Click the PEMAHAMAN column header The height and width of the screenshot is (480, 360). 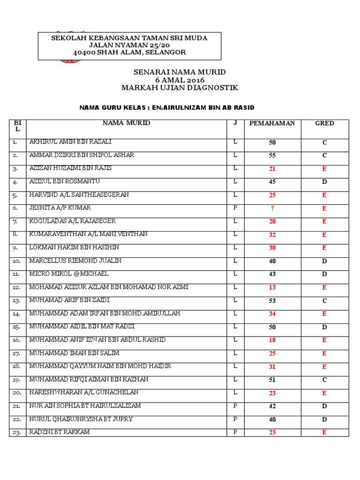tap(272, 123)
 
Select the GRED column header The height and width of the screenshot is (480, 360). tap(324, 123)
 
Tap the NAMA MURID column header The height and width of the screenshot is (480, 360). tap(127, 123)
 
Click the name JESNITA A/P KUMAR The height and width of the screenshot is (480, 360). tap(60, 208)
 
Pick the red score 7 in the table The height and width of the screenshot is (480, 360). tap(272, 209)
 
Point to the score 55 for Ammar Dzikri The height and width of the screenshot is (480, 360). tap(272, 156)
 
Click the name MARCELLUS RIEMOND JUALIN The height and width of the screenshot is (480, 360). tap(75, 261)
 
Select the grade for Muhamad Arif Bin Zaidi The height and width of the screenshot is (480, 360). tap(324, 301)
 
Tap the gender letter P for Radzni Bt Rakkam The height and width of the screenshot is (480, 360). tap(235, 432)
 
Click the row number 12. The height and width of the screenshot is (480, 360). tap(16, 287)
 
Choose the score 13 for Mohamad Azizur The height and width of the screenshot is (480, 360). tap(272, 288)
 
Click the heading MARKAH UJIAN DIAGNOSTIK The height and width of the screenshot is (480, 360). tap(180, 88)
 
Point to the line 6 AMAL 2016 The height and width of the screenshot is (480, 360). tap(180, 80)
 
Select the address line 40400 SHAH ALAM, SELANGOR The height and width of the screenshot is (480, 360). tap(129, 52)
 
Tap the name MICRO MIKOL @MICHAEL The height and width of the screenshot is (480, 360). tap(69, 274)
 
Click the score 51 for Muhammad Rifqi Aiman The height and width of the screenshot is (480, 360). tap(272, 380)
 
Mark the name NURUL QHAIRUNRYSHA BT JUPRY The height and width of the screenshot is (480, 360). tap(81, 419)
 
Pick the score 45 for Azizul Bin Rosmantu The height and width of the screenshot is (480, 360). tap(272, 182)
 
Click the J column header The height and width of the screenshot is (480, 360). tap(235, 123)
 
